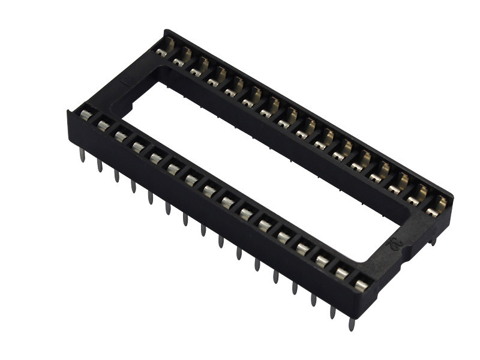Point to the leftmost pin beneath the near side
pyautogui.click(x=81, y=154)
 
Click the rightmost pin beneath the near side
pyautogui.click(x=352, y=324)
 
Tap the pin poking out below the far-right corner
pyautogui.click(x=433, y=241)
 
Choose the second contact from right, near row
pyautogui.click(x=341, y=274)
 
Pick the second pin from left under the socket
pyautogui.click(x=99, y=165)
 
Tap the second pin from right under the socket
pyautogui.click(x=332, y=311)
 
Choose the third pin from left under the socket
pyautogui.click(x=116, y=176)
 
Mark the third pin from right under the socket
pyautogui.click(x=313, y=299)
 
